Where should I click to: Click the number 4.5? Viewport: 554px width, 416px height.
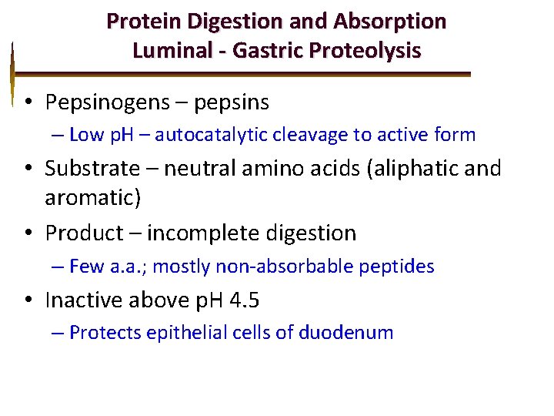pyautogui.click(x=245, y=299)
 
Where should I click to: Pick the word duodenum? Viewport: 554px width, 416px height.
pyautogui.click(x=345, y=333)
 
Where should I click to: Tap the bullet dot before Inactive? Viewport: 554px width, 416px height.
pyautogui.click(x=27, y=300)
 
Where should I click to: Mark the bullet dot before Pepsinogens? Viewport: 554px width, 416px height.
pyautogui.click(x=27, y=102)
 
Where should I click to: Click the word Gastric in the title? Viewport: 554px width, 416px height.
pyautogui.click(x=264, y=51)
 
